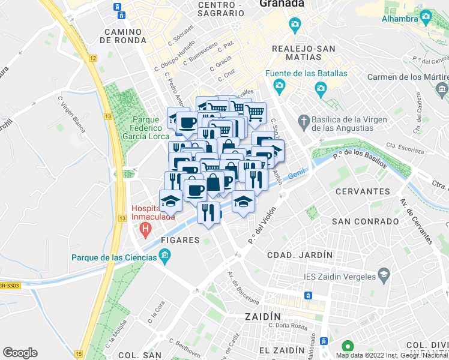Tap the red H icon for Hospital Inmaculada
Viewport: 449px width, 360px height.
coord(145,229)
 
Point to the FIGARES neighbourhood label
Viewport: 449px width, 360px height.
coord(180,240)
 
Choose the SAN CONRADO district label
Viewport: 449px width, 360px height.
coord(366,221)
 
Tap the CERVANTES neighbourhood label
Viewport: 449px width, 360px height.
coord(363,191)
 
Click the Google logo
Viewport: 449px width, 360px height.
coord(20,353)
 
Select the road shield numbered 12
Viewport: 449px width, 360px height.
coord(92,58)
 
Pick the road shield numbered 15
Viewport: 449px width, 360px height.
coord(79,355)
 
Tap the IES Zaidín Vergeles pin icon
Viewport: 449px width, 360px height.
coord(382,276)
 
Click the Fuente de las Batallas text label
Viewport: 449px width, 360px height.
coord(307,74)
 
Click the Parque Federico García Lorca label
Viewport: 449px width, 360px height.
coord(147,128)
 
